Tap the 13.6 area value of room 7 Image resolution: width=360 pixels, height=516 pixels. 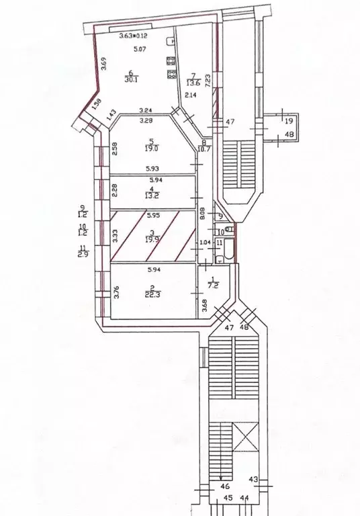coord(193,83)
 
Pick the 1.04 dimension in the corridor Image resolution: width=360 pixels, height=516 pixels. coord(206,243)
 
